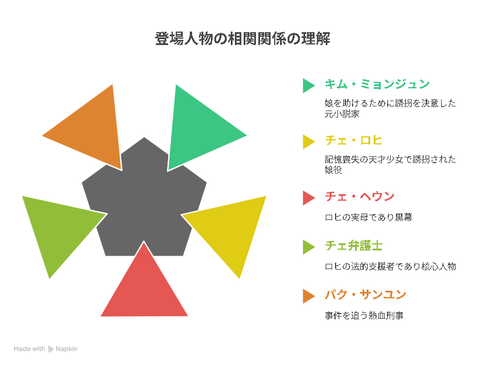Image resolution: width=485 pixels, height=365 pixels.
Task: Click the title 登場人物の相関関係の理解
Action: (243, 39)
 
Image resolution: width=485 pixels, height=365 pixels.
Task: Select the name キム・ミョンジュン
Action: (377, 84)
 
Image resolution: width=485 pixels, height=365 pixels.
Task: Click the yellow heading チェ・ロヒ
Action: (353, 140)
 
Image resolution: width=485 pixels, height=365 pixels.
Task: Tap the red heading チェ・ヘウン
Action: (360, 197)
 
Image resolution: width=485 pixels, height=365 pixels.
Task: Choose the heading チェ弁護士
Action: (354, 246)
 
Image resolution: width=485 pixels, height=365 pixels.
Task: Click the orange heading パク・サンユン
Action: (366, 295)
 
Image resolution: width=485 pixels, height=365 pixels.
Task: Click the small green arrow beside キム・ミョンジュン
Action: (308, 85)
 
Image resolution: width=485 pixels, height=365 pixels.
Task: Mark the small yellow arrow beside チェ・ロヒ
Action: (308, 142)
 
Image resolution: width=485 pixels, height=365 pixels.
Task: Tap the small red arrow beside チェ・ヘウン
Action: (308, 198)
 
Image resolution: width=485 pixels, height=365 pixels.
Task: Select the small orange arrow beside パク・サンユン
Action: (308, 296)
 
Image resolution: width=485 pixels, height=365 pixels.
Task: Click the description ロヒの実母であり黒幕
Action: (368, 218)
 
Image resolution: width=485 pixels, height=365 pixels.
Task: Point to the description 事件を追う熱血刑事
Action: (364, 316)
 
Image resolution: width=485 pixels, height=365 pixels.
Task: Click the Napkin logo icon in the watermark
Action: (51, 349)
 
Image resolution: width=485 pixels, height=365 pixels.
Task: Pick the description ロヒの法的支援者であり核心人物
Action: (390, 267)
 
